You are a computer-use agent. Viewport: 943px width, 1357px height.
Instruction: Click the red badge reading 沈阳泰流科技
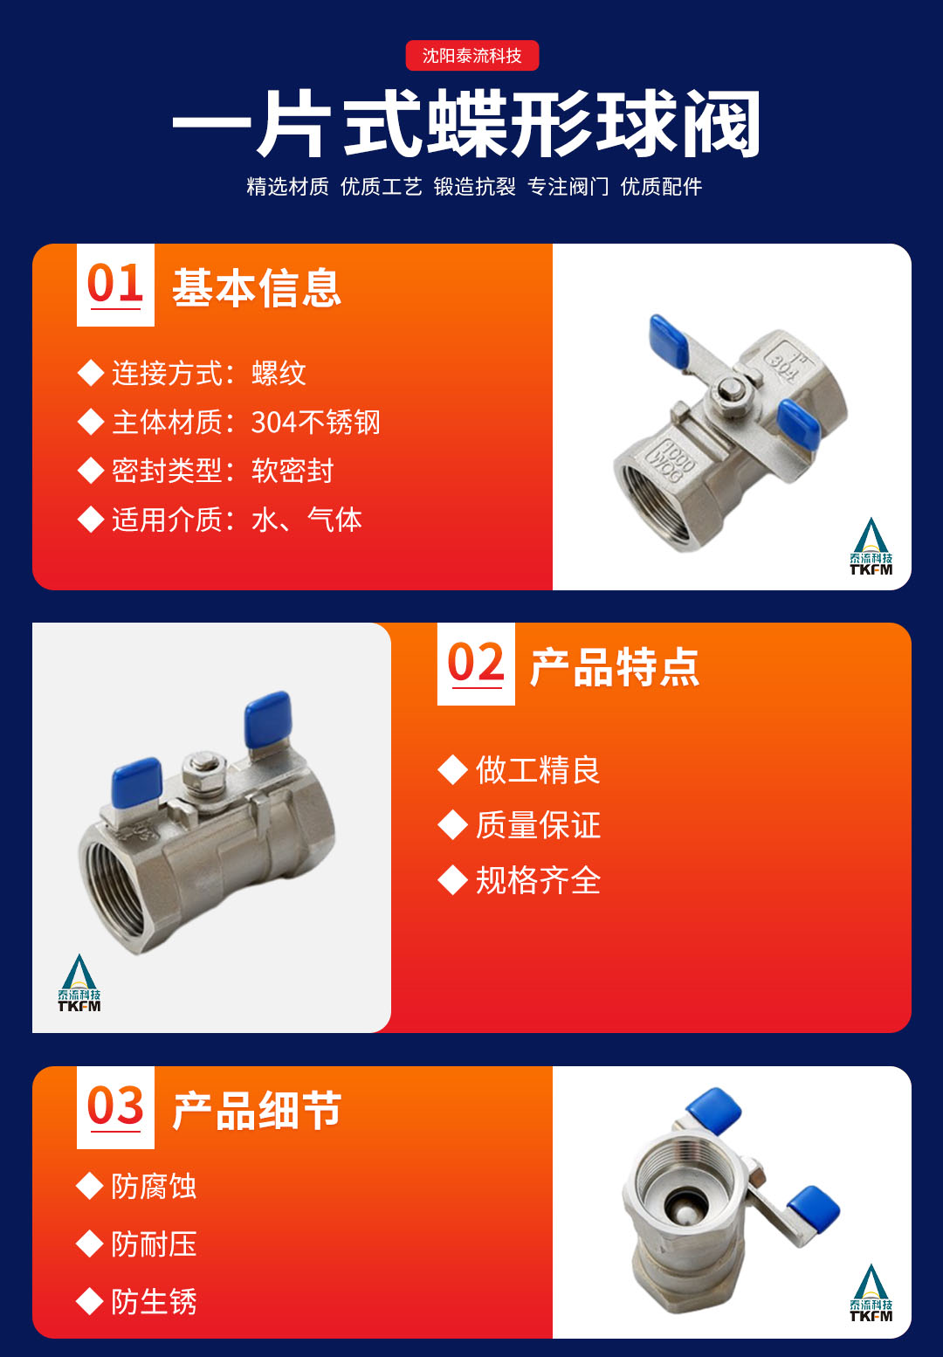471,55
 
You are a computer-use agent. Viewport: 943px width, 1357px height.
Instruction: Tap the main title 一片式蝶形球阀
466,124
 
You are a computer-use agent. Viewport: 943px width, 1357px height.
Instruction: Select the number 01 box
115,285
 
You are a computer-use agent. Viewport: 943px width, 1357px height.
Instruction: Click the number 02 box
476,664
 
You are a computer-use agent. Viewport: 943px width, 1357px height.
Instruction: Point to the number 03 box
115,1107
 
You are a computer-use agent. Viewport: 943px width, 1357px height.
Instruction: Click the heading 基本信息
257,288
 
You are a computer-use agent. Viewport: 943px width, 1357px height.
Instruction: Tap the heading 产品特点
615,667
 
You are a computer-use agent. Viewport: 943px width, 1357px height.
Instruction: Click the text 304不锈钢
315,423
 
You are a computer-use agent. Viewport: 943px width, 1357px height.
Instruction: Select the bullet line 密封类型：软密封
206,471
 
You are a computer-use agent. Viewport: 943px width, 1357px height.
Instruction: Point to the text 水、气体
306,520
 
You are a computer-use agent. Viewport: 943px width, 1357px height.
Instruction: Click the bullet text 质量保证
538,825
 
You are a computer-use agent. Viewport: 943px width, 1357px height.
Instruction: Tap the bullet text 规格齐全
538,880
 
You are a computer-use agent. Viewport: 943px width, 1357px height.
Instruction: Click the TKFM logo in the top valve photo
871,546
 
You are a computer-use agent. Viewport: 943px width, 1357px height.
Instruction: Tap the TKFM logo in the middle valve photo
79,982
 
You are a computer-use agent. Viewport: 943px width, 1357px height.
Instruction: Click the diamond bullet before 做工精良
452,770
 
